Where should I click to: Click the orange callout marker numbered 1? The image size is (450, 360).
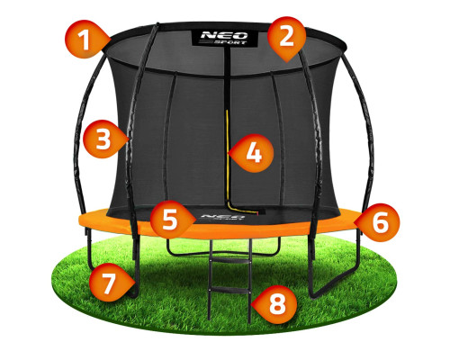click(85, 40)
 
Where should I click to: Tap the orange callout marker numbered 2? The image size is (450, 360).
click(286, 38)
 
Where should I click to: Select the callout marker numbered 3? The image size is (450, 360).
click(103, 139)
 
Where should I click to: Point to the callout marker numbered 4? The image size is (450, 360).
click(254, 153)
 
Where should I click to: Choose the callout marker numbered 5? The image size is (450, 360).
click(170, 220)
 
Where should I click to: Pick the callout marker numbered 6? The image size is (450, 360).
click(380, 222)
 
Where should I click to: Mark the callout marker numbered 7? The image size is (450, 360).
click(109, 283)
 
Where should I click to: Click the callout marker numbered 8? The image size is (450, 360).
click(276, 304)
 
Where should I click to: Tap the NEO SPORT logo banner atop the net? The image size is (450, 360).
click(225, 38)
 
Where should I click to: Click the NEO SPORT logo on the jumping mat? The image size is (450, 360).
click(222, 217)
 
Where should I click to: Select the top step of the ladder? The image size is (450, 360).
click(230, 263)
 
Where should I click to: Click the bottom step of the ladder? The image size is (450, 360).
click(230, 291)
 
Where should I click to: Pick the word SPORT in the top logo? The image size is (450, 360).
click(231, 42)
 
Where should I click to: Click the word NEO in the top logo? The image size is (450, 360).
click(224, 35)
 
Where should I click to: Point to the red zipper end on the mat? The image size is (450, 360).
click(257, 213)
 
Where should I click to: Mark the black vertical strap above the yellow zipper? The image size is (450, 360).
click(227, 78)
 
